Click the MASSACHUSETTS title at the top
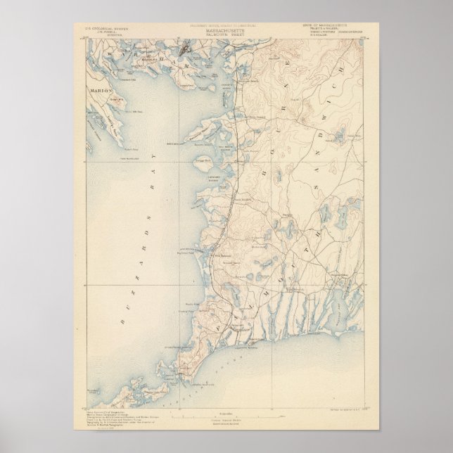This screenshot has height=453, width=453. [x=227, y=33]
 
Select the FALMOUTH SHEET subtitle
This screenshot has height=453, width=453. [x=227, y=37]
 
